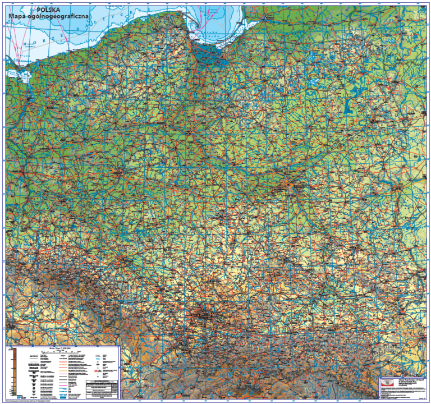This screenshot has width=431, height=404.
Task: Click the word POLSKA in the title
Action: [53, 10]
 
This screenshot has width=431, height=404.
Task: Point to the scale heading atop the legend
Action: [59, 348]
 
